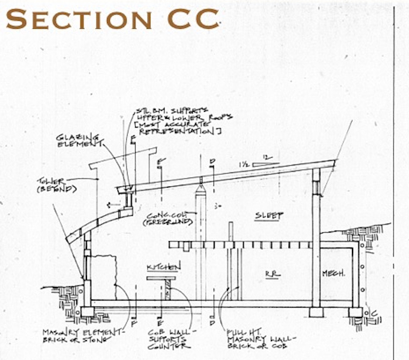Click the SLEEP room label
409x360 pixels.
click(x=269, y=215)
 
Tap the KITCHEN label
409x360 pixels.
click(x=163, y=266)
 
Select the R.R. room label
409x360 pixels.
click(x=271, y=274)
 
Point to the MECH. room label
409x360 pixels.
click(x=334, y=274)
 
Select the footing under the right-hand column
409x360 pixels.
click(x=316, y=312)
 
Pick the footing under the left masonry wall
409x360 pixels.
click(x=88, y=311)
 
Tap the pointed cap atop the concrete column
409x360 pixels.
click(x=200, y=192)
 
